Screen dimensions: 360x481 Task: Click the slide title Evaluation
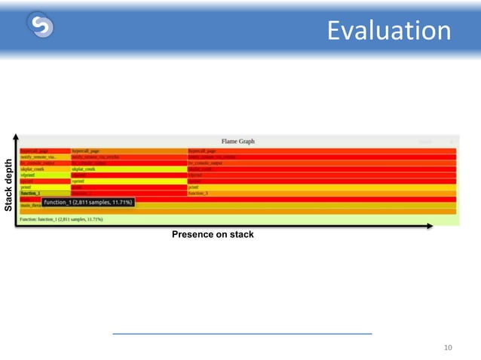pos(389,31)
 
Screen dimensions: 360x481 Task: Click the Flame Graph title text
pos(237,141)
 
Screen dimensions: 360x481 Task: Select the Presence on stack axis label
pos(213,235)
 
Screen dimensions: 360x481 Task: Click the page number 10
pos(448,347)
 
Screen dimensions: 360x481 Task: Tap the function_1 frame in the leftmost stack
pos(32,194)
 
